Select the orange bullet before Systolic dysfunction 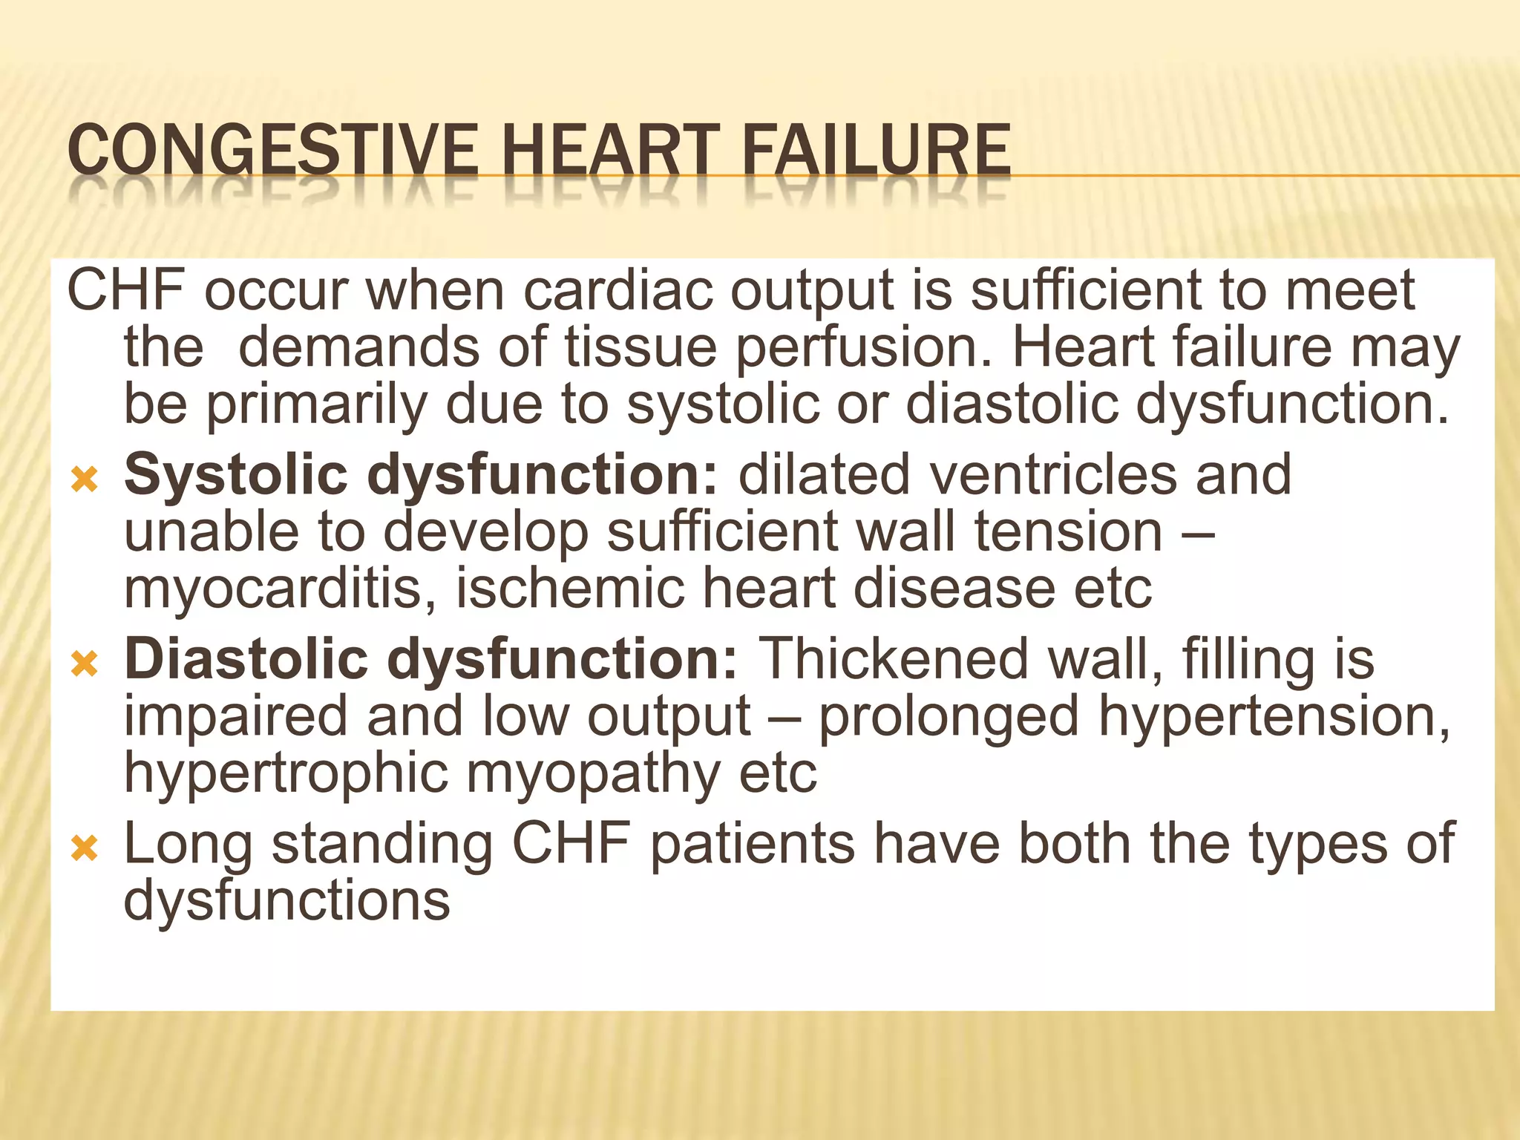pos(85,480)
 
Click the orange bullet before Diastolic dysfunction pos(85,664)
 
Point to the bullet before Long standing pos(85,848)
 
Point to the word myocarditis pos(281,590)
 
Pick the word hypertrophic pos(286,774)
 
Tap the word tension pos(1068,532)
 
